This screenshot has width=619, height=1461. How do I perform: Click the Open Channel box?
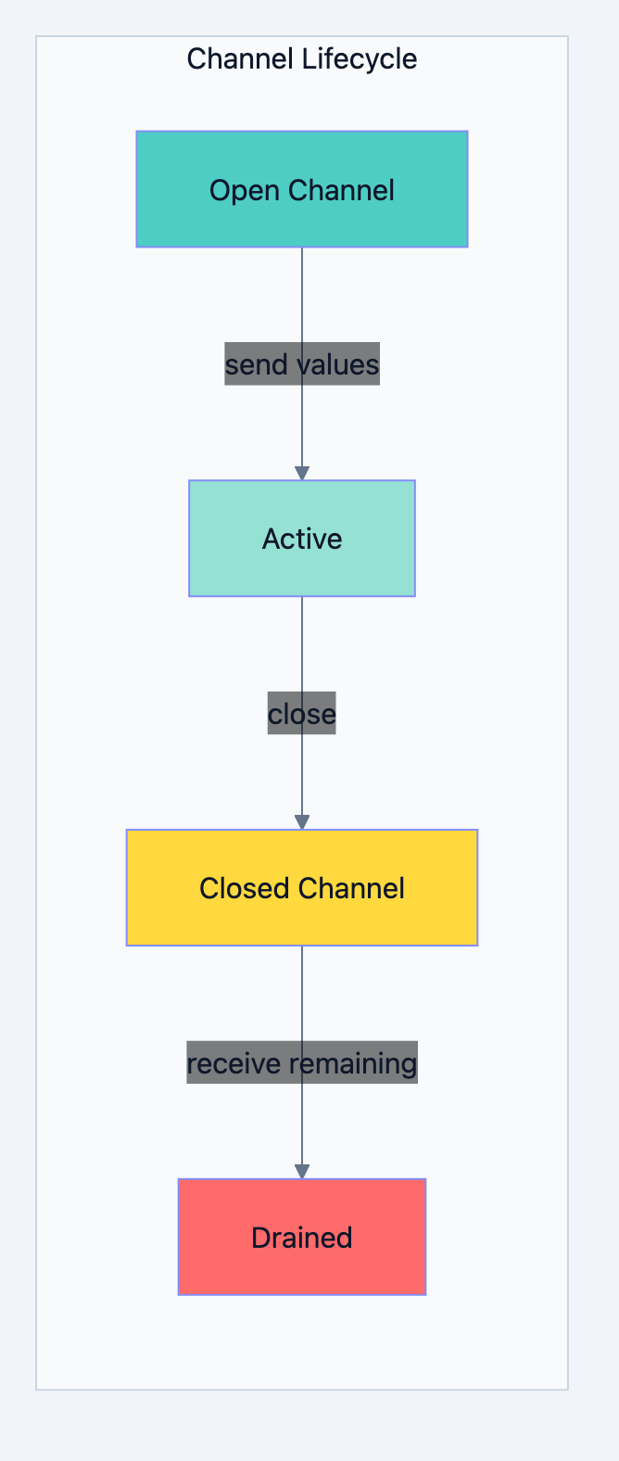pos(301,189)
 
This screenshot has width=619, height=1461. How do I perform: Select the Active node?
pos(301,538)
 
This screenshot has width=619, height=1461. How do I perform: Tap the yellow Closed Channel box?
pos(301,887)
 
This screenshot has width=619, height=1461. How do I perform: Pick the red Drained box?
pos(301,1237)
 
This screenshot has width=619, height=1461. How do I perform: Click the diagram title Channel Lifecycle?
pos(301,59)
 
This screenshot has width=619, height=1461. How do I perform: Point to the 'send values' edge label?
pos(301,364)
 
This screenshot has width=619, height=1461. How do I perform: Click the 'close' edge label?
pos(301,714)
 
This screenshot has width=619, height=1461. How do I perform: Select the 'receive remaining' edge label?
pos(301,1063)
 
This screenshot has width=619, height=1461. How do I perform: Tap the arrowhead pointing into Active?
pos(301,473)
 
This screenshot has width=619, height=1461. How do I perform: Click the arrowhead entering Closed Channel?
pos(301,822)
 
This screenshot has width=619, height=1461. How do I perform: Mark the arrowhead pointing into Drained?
pos(301,1172)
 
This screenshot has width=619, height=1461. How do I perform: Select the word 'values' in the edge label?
pos(335,364)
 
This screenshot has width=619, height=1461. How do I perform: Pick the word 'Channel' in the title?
pos(242,59)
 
